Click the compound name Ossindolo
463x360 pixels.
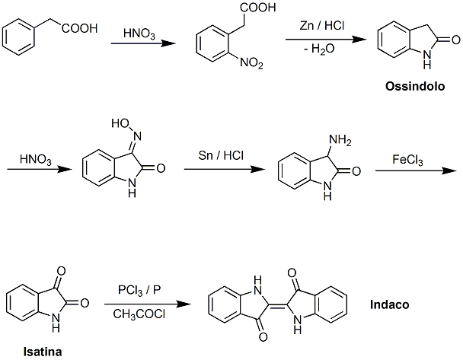click(x=415, y=86)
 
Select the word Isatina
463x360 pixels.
click(x=43, y=352)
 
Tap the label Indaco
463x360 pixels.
click(x=389, y=304)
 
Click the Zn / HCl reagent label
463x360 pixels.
click(x=322, y=26)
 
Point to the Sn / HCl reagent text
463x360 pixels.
click(x=221, y=155)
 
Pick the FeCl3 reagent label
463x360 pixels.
click(x=407, y=160)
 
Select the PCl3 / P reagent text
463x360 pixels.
click(x=139, y=290)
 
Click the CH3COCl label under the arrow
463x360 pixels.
click(x=139, y=314)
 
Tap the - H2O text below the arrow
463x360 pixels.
click(x=319, y=49)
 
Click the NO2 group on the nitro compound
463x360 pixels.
click(x=251, y=63)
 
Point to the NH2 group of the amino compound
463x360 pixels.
click(x=340, y=139)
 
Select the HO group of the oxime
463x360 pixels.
click(x=120, y=123)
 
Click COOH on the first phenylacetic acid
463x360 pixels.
click(x=79, y=29)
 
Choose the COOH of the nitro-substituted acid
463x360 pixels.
click(x=258, y=8)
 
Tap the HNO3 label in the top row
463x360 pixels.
click(x=139, y=33)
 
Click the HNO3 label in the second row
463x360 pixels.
click(x=36, y=160)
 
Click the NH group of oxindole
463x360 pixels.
click(x=427, y=59)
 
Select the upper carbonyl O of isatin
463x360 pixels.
click(x=62, y=271)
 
